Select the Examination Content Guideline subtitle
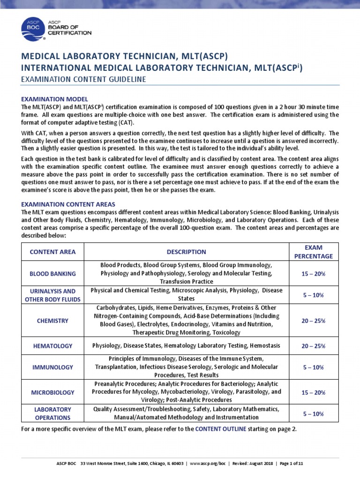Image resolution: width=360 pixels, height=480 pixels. click(84, 79)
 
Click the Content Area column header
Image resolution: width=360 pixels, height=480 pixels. click(52, 252)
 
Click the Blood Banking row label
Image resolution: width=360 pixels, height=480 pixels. click(52, 273)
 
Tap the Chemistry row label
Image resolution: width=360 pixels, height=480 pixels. click(52, 321)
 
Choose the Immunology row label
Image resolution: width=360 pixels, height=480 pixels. click(52, 367)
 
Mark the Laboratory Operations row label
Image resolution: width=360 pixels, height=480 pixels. click(52, 413)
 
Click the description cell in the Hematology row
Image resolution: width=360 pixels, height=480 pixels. click(186, 346)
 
